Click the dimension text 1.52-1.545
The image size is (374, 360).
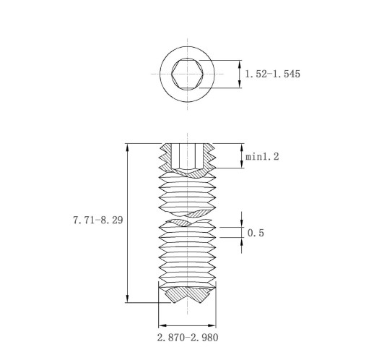[x=273, y=74]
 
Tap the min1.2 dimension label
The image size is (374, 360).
[x=262, y=157]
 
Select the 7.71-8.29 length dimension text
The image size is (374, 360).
[x=98, y=220]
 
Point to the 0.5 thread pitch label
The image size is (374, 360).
[x=256, y=233]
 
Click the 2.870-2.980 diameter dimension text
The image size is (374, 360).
[x=188, y=338]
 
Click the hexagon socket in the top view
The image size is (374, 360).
[x=187, y=74]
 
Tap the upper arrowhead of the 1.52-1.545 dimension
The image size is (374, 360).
[x=240, y=64]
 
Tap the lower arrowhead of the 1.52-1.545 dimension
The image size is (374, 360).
[x=240, y=84]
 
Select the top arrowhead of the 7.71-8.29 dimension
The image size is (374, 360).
[x=128, y=147]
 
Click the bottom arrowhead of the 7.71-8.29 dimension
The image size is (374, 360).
[x=128, y=299]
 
